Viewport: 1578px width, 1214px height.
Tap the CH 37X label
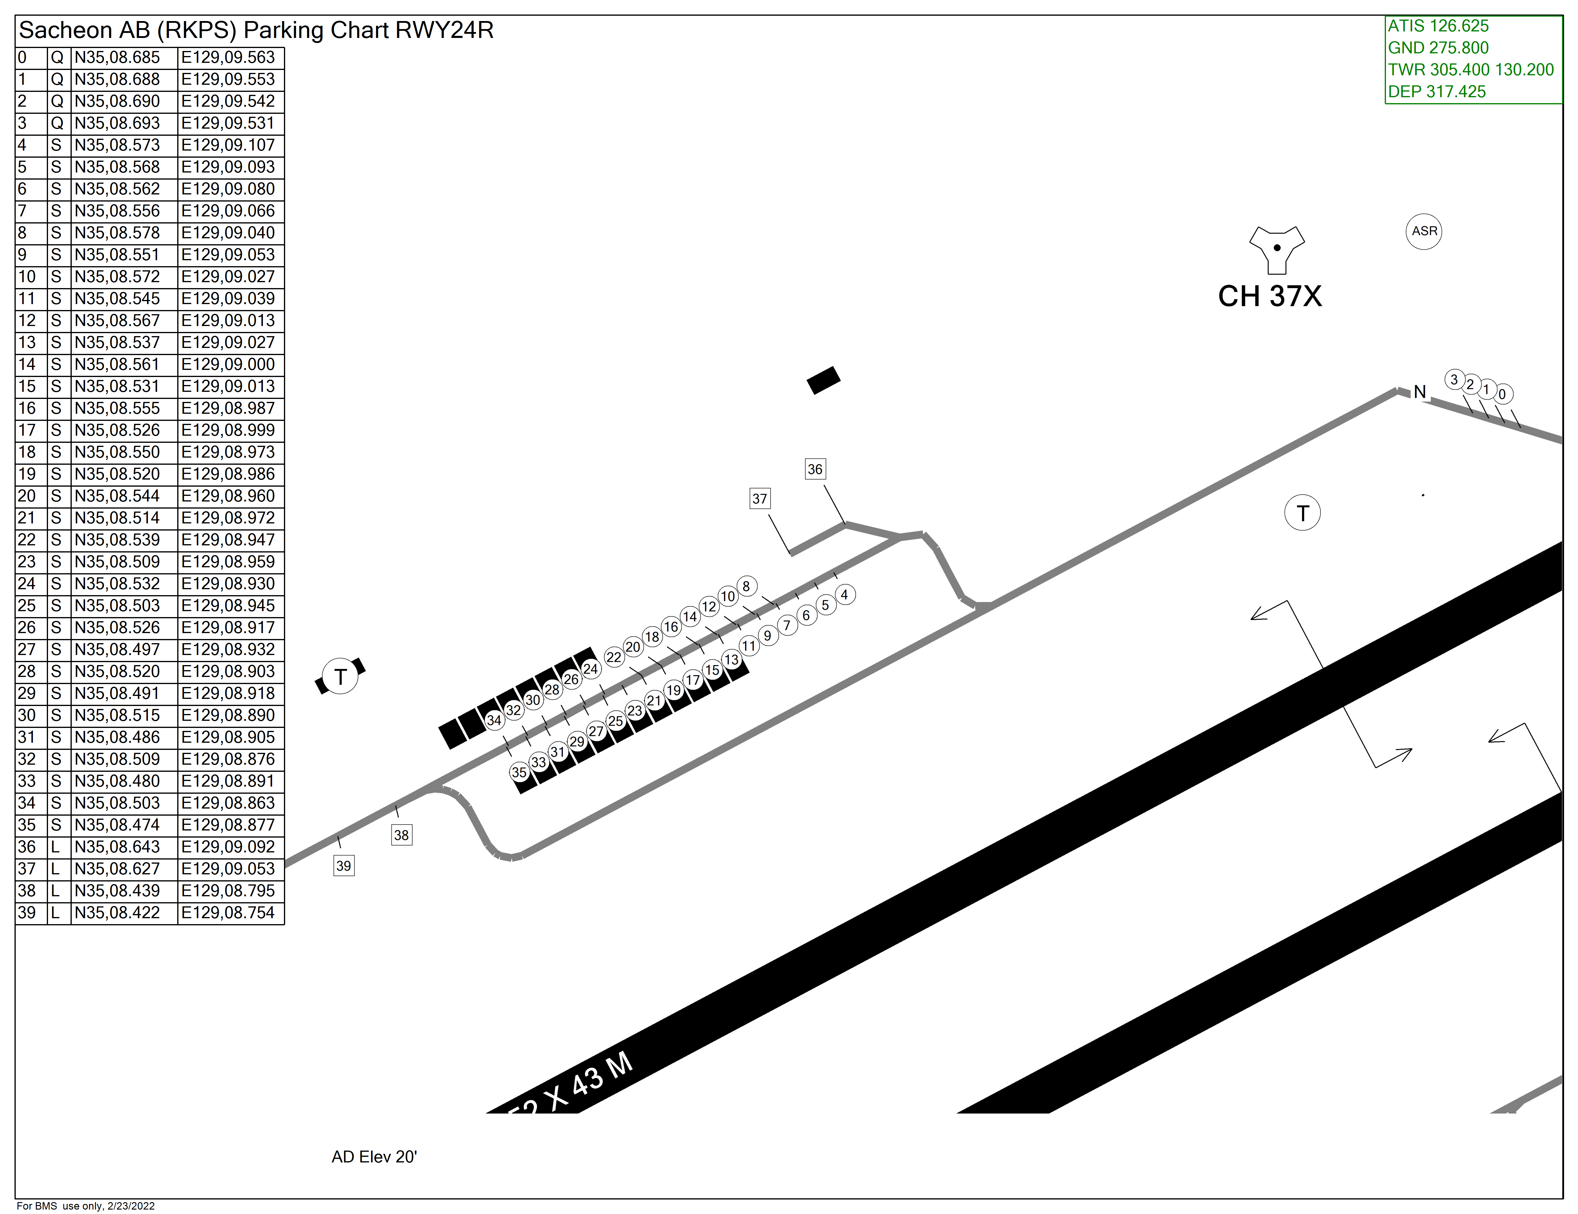1269,296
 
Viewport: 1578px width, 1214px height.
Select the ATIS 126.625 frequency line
1438,26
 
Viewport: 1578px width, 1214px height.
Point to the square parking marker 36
815,469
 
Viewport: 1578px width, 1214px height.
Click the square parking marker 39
344,866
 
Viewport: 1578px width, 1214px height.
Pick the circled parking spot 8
746,586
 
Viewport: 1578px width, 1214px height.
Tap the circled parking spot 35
519,772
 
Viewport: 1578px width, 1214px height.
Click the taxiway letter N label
1420,392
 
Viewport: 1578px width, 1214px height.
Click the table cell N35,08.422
117,913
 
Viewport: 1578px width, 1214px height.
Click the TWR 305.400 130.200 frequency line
1470,70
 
